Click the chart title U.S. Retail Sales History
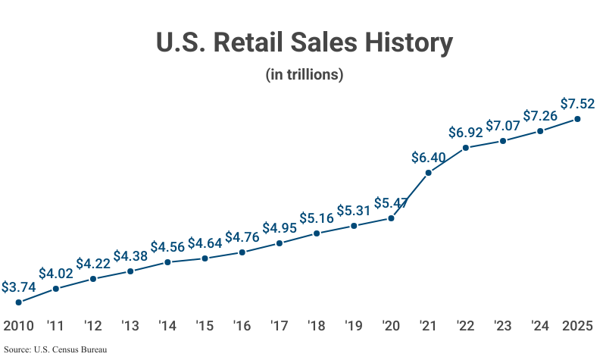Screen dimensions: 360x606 click(305, 42)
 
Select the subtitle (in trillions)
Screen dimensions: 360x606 click(305, 75)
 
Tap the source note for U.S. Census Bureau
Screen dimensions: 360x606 click(55, 350)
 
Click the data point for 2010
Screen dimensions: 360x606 click(18, 302)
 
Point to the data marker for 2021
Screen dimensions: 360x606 click(429, 174)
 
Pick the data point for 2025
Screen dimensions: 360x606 click(577, 119)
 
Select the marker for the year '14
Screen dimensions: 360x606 click(167, 262)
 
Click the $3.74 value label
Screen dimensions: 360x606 click(18, 287)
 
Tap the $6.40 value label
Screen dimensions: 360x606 click(429, 158)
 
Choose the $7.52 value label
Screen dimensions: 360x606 click(577, 104)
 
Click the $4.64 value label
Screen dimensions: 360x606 click(205, 243)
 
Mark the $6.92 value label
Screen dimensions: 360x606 click(466, 133)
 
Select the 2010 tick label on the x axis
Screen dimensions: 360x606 click(18, 326)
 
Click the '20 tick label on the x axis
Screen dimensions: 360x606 click(391, 326)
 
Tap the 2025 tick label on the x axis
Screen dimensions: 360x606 click(577, 326)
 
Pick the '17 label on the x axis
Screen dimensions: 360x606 click(279, 326)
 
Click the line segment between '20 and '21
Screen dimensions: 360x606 click(410, 196)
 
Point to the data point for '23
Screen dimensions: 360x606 click(503, 141)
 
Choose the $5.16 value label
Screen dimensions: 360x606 click(317, 218)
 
